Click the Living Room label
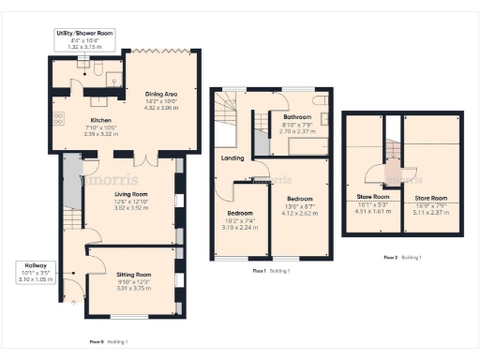tap(118, 193)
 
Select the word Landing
tap(232, 157)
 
